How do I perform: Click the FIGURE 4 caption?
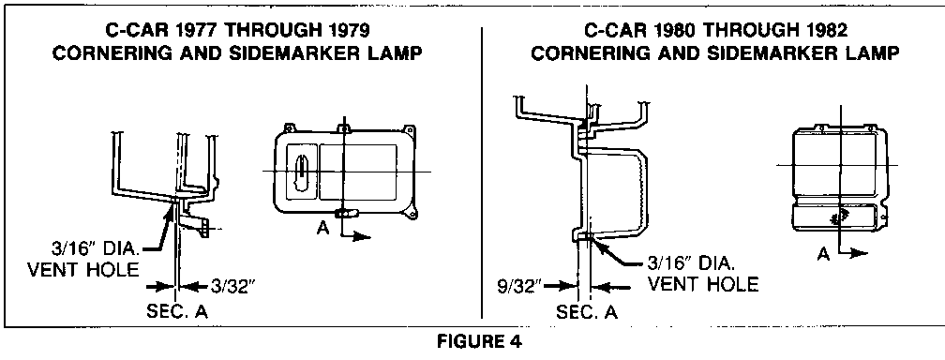pos(479,342)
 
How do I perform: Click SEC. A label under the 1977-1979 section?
pos(177,312)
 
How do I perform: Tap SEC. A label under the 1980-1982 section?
pos(587,312)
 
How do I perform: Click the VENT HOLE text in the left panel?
pos(83,269)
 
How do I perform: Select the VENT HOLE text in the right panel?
pos(703,283)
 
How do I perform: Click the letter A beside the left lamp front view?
pos(323,229)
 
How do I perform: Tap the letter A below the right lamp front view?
pos(823,254)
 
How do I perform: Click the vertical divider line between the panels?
pos(482,172)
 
